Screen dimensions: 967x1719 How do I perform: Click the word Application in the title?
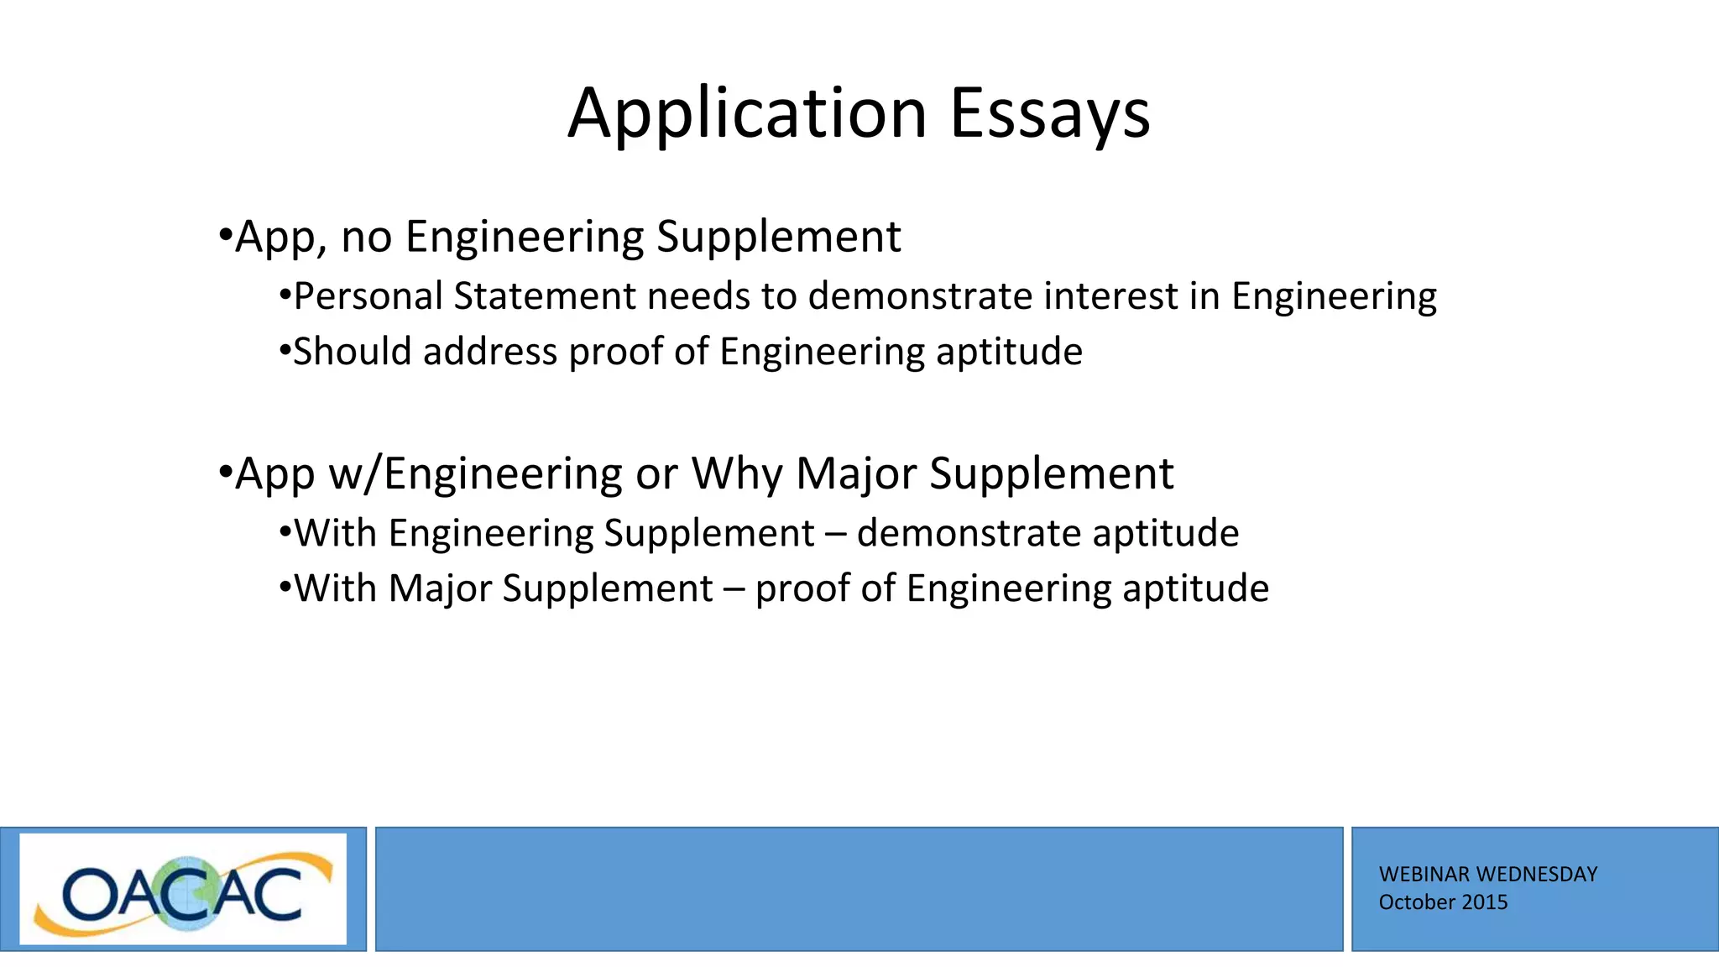tap(747, 113)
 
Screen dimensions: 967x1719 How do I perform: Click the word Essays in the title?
tap(1049, 113)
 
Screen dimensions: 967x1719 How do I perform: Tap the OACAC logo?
tap(183, 890)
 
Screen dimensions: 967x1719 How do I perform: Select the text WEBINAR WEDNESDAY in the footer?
tap(1487, 874)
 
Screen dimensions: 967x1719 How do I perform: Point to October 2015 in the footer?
tap(1443, 902)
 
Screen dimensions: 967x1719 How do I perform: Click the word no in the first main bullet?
tap(366, 238)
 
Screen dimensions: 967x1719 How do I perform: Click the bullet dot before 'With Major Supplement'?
tap(285, 587)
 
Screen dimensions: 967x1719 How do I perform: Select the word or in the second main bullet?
tap(656, 474)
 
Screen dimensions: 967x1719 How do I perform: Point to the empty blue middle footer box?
tap(859, 889)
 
